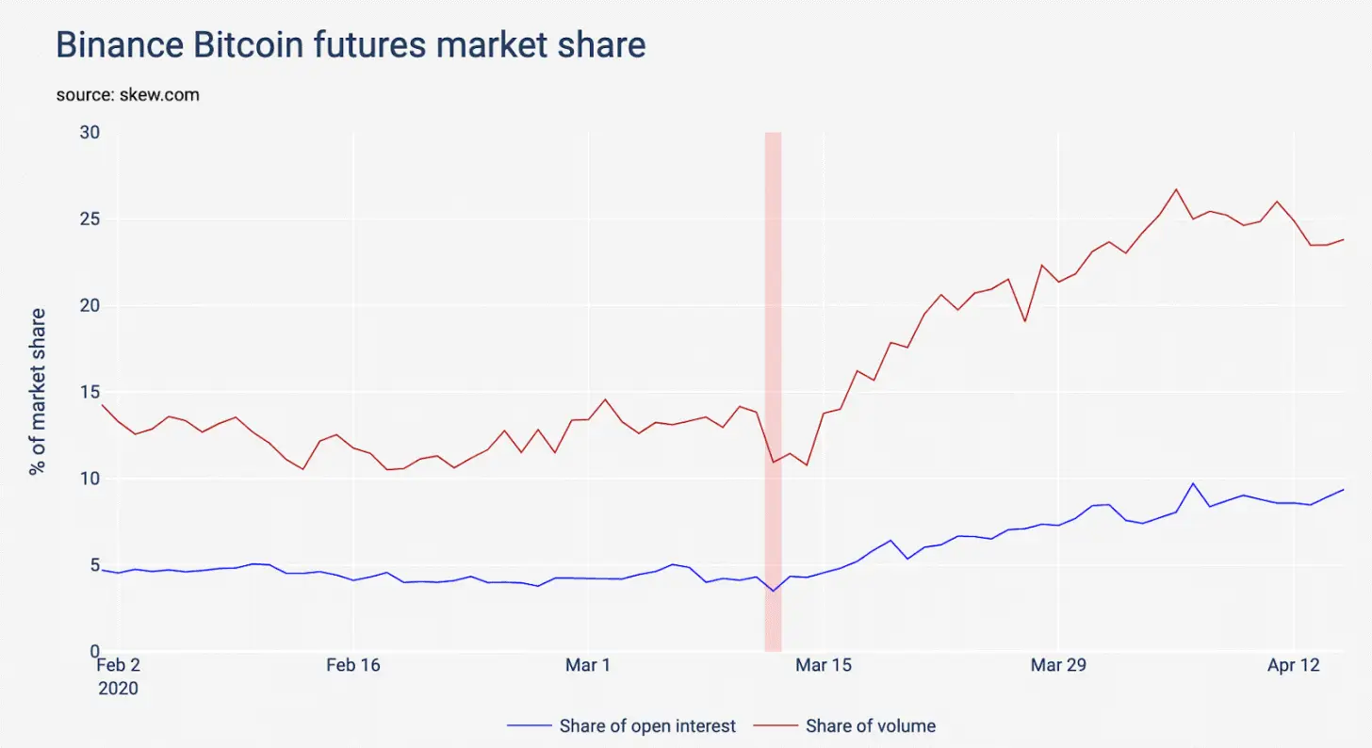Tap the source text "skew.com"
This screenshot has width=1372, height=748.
point(127,95)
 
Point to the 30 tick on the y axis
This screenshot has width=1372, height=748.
point(90,133)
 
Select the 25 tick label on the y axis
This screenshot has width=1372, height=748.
point(90,220)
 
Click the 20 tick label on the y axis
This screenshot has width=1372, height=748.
point(90,306)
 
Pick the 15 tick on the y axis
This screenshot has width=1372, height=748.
point(90,393)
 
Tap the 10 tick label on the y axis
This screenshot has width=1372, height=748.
point(90,479)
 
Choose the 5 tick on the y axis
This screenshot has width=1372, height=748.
point(93,565)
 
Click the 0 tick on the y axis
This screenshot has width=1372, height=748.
point(93,652)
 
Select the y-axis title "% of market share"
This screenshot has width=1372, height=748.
point(38,391)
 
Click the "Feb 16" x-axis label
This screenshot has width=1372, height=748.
point(353,666)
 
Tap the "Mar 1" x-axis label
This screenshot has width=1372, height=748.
point(588,666)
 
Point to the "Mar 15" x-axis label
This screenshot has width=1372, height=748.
point(824,666)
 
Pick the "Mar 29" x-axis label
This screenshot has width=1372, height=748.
point(1058,666)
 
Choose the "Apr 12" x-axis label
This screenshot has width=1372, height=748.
point(1293,666)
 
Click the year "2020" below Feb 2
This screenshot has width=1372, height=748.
point(118,689)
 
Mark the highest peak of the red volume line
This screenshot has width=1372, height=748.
point(1175,189)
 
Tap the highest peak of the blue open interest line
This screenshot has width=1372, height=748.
point(1193,483)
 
